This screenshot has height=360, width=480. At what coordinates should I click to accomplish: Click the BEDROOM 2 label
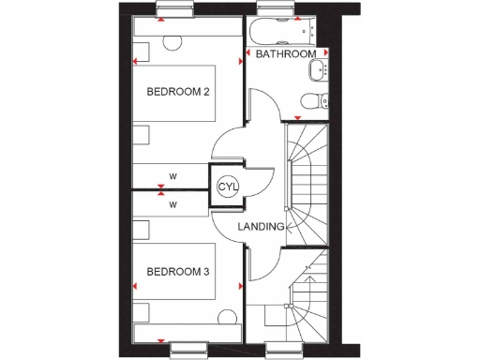(x=176, y=92)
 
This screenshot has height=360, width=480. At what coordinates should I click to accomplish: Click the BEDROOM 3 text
(x=176, y=272)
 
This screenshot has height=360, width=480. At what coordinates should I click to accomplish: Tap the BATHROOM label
(x=286, y=54)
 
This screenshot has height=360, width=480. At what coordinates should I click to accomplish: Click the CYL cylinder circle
(x=228, y=187)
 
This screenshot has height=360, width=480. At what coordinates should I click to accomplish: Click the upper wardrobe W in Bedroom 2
(x=172, y=175)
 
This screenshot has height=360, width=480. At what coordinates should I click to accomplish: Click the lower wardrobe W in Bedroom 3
(x=172, y=203)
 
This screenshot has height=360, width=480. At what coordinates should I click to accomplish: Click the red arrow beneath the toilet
(x=298, y=117)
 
